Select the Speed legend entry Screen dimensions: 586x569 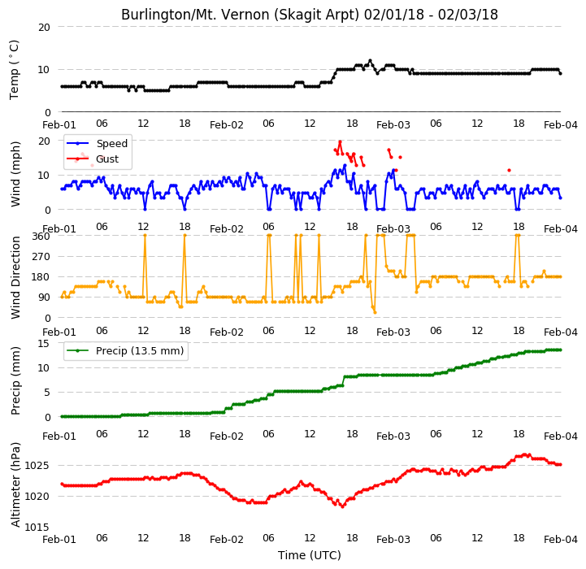click(x=97, y=144)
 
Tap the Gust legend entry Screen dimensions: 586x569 click(x=93, y=159)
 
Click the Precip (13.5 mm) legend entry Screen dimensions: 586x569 click(x=125, y=350)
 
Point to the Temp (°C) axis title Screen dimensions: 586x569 click(x=14, y=70)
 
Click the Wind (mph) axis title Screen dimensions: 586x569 click(x=15, y=174)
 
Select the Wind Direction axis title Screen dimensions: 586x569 click(x=15, y=277)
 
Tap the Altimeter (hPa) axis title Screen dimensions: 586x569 click(x=15, y=485)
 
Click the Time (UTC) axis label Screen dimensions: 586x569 click(x=310, y=555)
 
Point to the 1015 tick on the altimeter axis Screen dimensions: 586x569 click(x=37, y=527)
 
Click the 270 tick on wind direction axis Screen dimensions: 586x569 click(x=41, y=257)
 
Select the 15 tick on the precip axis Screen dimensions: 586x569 click(x=44, y=343)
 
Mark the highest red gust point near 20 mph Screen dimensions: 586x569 click(x=340, y=142)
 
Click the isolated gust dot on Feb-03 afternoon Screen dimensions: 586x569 click(x=509, y=170)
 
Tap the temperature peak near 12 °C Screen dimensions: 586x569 click(x=370, y=61)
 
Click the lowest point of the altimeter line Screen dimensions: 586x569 click(x=342, y=506)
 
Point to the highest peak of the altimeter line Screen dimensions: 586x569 click(x=526, y=454)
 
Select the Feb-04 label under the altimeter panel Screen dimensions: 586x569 click(x=561, y=539)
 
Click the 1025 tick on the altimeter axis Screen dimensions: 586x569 click(x=37, y=466)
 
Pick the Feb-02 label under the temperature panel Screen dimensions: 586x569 click(x=227, y=125)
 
